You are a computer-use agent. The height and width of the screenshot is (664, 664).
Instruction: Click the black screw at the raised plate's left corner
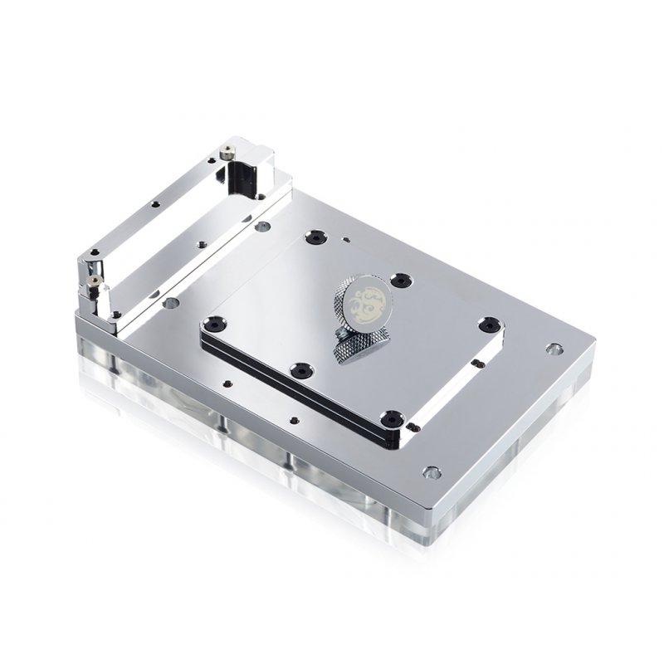point(215,321)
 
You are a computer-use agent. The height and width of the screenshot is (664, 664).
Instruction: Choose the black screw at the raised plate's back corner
point(315,238)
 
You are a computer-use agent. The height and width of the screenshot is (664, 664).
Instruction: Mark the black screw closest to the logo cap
point(403,281)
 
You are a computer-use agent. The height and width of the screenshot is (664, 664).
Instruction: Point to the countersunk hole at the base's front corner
point(430,473)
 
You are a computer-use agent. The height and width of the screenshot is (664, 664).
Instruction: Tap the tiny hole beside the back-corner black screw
point(344,242)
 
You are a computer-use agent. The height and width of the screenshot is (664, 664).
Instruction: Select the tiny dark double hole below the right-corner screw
point(480,363)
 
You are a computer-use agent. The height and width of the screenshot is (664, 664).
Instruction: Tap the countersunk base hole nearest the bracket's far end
point(263,226)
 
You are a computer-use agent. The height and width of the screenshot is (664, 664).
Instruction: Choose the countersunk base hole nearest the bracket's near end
point(170,304)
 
